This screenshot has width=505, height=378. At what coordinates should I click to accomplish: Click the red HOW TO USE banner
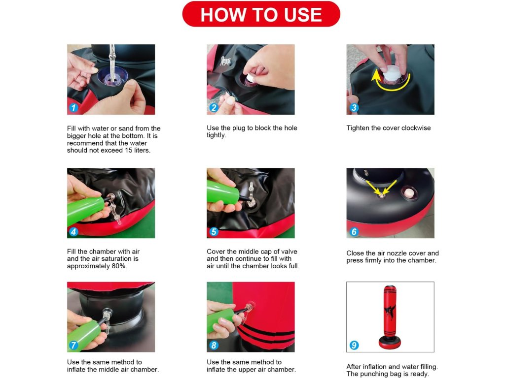click(x=261, y=14)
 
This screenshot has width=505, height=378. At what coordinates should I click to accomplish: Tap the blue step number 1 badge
click(x=74, y=108)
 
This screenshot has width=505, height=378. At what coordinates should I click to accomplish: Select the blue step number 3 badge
click(x=354, y=108)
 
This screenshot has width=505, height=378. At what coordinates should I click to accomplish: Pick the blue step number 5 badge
click(x=214, y=231)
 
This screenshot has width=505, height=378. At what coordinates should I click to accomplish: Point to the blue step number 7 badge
click(x=74, y=345)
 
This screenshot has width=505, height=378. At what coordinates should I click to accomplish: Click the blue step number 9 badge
click(x=354, y=345)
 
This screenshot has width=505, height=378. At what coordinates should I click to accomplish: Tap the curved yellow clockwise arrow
click(x=391, y=84)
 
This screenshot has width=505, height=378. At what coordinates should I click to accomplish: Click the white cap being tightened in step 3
click(x=392, y=73)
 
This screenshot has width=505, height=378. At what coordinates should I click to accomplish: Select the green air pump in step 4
click(x=85, y=211)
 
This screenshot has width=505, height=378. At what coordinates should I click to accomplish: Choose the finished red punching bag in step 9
click(x=390, y=317)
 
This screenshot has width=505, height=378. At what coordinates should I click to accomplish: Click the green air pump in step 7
click(x=84, y=335)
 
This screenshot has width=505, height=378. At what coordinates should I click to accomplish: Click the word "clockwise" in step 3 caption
click(x=416, y=128)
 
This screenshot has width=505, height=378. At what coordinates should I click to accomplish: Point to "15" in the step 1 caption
click(x=128, y=151)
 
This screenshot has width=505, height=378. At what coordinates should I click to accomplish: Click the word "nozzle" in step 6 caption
click(x=397, y=253)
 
